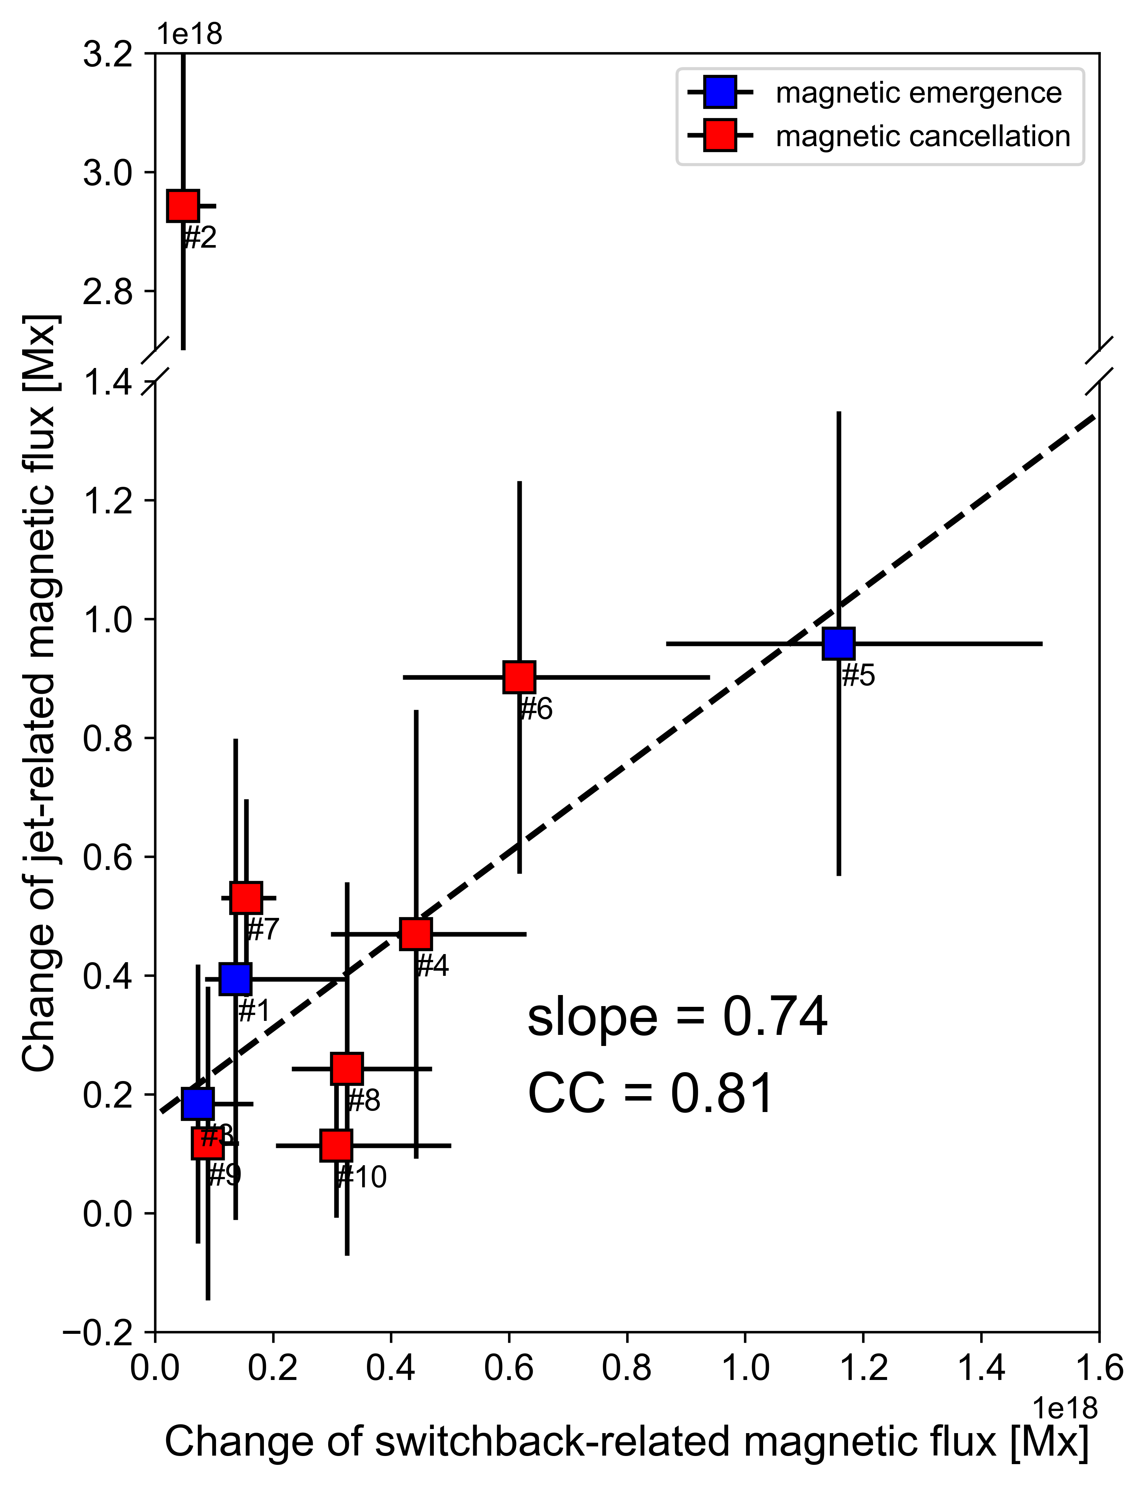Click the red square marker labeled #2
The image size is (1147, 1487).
point(182,206)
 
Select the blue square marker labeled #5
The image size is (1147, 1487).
point(838,643)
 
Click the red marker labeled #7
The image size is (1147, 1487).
point(246,897)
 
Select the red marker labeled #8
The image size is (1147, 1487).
point(347,1068)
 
